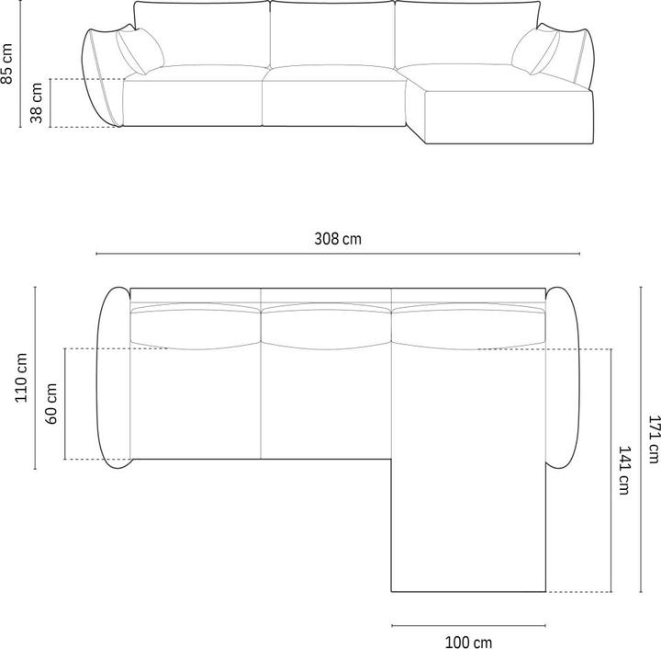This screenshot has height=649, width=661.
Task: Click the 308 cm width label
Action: click(338, 239)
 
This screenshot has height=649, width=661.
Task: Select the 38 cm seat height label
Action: click(37, 103)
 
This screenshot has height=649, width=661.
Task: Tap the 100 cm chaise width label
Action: click(468, 640)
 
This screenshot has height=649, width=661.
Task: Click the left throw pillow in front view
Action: click(140, 51)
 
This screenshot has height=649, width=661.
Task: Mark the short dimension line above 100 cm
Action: click(468, 625)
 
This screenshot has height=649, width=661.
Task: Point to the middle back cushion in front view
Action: click(332, 35)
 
